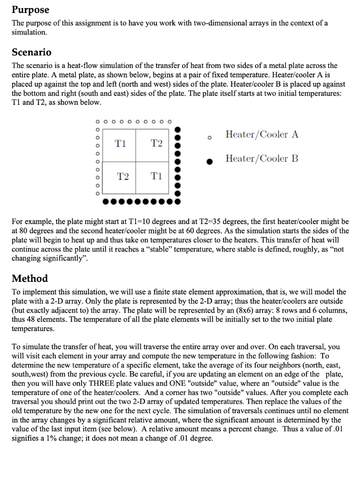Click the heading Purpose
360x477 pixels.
tap(30, 9)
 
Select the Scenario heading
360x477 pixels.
tap(31, 52)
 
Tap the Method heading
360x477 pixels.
tap(30, 279)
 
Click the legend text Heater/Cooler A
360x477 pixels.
tap(262, 135)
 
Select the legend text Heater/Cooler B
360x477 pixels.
tap(262, 158)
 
